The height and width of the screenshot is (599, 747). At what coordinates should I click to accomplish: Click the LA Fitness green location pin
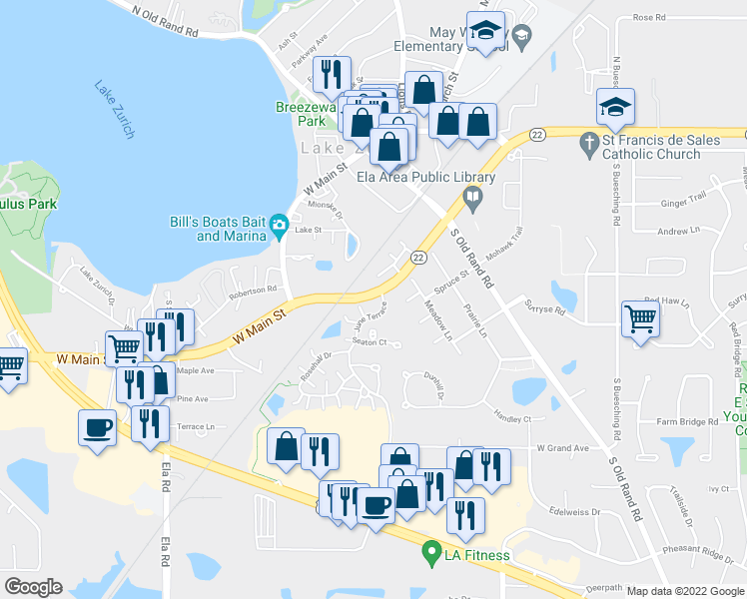pyautogui.click(x=431, y=550)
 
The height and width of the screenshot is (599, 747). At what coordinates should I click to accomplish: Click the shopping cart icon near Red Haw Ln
pyautogui.click(x=641, y=320)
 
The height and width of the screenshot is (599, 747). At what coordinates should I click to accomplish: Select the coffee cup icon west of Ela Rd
pyautogui.click(x=97, y=428)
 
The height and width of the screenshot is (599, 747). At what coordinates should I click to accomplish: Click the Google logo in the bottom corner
pyautogui.click(x=33, y=586)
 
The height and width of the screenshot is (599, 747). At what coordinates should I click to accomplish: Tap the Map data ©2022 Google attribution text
pyautogui.click(x=684, y=591)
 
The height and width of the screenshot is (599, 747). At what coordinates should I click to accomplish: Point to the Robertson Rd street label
pyautogui.click(x=252, y=291)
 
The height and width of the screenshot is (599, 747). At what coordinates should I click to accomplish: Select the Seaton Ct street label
pyautogui.click(x=369, y=341)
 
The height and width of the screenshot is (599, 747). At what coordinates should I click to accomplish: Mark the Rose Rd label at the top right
pyautogui.click(x=648, y=17)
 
